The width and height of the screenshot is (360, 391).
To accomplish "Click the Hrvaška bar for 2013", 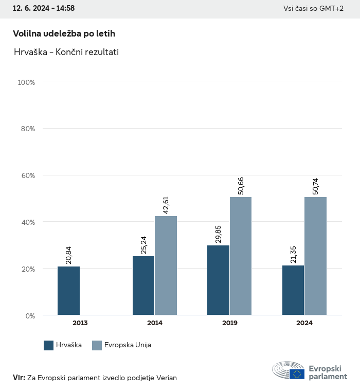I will [x=68, y=291].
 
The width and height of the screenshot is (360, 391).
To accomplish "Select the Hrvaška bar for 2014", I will [x=143, y=286].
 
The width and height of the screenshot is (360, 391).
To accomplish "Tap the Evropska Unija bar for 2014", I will [x=166, y=265].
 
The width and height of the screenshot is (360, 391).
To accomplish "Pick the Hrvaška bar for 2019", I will [x=218, y=280].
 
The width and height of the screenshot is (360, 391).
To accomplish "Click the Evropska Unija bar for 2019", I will [x=241, y=256].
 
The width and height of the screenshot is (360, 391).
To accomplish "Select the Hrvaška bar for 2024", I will [x=293, y=290].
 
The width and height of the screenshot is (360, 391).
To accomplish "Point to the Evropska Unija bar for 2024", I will [x=315, y=256].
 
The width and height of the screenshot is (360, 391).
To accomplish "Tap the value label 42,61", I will [x=166, y=204].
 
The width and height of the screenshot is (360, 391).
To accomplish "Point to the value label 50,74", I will [x=316, y=185].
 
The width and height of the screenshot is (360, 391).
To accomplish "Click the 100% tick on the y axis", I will [x=26, y=82].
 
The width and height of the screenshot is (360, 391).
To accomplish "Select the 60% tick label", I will [x=27, y=175].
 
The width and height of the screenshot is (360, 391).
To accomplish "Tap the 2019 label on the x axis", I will [x=229, y=323].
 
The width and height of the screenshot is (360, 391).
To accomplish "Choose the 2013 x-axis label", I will [x=80, y=323].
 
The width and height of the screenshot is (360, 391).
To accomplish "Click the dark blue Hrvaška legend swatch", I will [x=49, y=345].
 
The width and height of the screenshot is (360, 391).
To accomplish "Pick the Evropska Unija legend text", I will [x=128, y=345].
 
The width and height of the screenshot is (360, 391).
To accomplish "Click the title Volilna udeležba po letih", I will [x=64, y=33].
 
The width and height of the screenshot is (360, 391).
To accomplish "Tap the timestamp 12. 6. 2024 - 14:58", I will [x=44, y=8].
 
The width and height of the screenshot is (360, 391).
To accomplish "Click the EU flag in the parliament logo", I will [x=297, y=374].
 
